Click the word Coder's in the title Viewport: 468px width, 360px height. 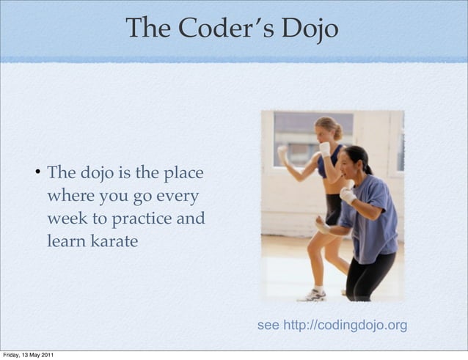[219, 29]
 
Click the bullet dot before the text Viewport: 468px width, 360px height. [36, 174]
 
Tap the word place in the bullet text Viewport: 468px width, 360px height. [182, 174]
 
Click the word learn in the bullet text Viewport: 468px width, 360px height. [64, 240]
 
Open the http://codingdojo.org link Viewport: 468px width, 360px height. [345, 325]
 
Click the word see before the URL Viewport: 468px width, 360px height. [268, 325]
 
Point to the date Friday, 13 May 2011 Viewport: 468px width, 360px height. [26, 356]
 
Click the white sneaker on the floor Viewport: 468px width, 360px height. [312, 295]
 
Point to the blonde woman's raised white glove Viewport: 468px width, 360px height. [324, 149]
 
